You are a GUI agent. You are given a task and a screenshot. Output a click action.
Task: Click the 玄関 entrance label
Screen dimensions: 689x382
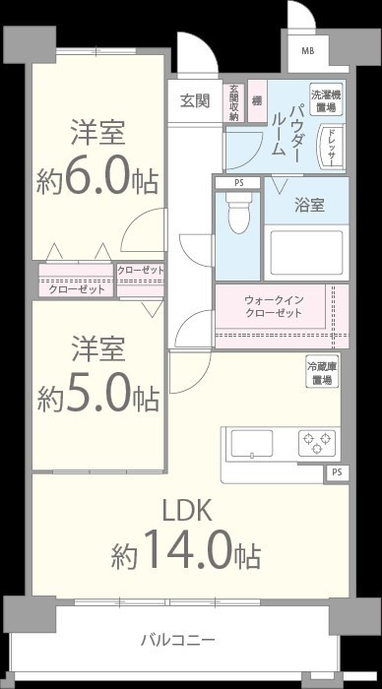195,99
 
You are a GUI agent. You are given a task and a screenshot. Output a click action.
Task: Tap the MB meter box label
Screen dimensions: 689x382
307,51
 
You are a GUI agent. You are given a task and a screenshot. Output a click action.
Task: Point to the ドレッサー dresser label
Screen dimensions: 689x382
332,147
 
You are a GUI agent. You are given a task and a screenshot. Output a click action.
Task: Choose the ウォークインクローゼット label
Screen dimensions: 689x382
273,306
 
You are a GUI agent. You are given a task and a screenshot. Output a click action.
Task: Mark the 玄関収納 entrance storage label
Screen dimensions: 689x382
234,102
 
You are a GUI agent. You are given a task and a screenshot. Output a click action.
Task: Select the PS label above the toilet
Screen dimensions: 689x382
238,183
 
